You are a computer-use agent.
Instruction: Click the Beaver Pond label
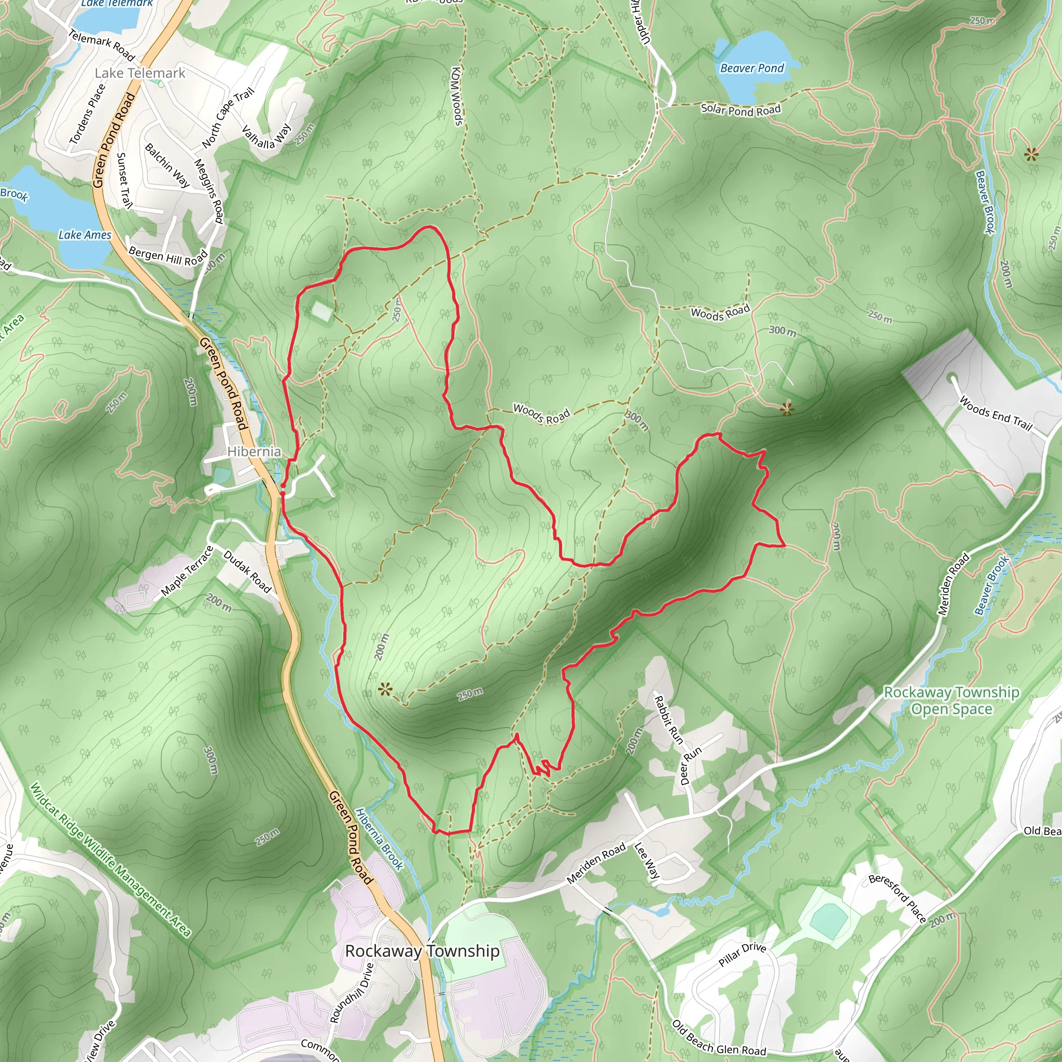[x=751, y=68]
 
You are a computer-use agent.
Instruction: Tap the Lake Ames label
[x=85, y=235]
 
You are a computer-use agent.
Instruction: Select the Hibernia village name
[x=254, y=451]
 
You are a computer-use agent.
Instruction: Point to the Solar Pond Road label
[x=740, y=110]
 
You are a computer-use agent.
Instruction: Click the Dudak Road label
[x=247, y=571]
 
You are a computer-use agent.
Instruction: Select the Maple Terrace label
[x=187, y=571]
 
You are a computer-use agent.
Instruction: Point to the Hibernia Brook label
[x=379, y=839]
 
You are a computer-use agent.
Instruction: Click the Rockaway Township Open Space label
[x=952, y=700]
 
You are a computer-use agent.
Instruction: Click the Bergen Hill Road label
[x=168, y=256]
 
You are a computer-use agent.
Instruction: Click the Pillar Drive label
[x=742, y=954]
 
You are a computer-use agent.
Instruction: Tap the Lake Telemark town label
[x=139, y=73]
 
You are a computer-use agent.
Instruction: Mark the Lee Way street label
[x=647, y=860]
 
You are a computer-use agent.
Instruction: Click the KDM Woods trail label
[x=456, y=96]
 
